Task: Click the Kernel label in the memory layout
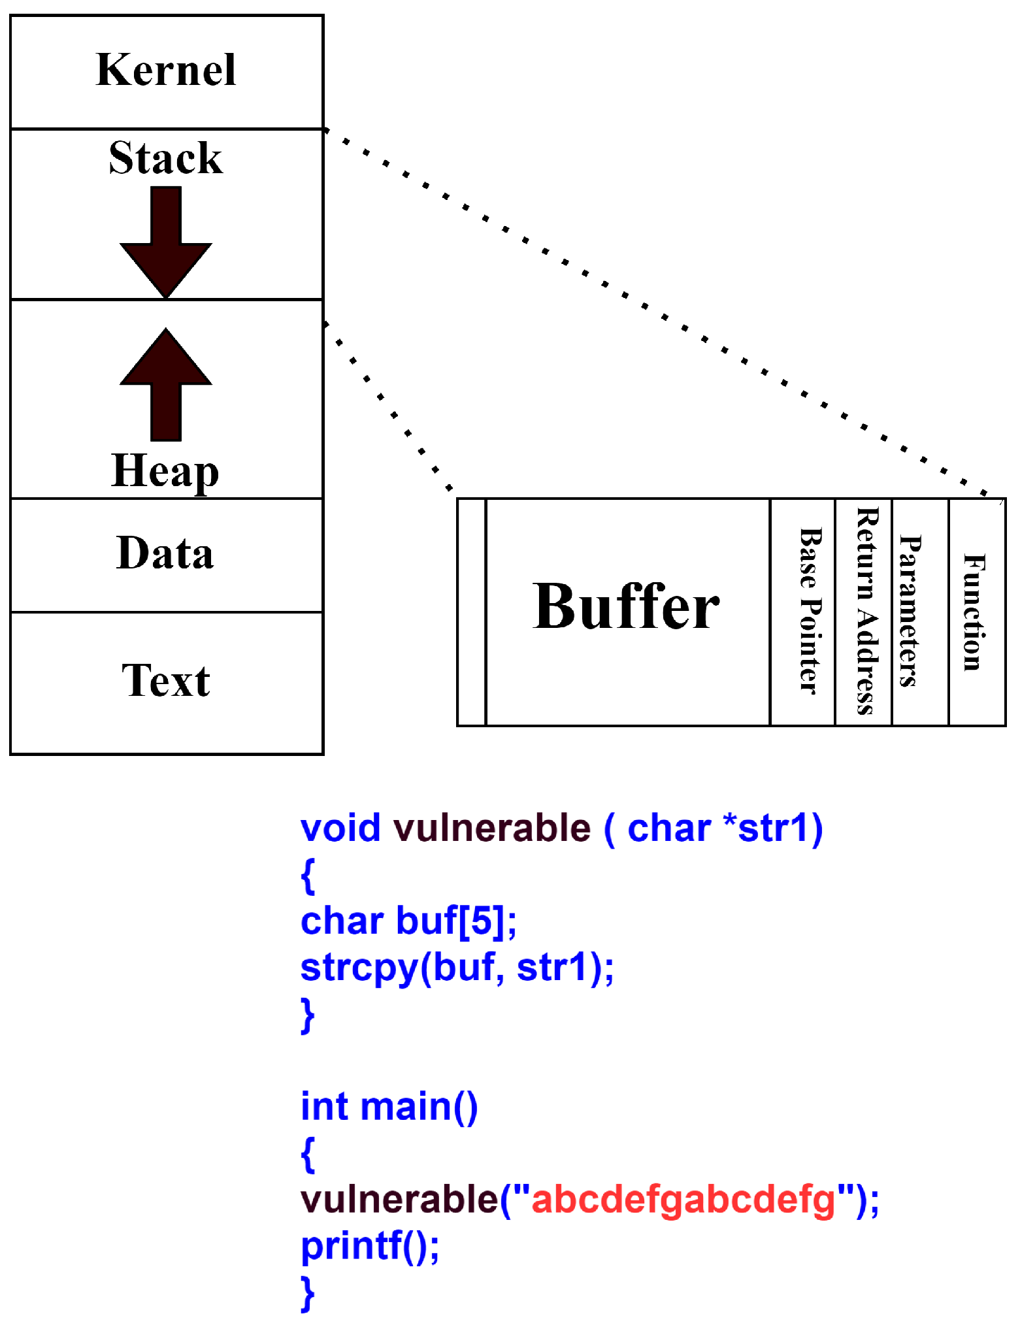166,70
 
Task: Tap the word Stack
166,158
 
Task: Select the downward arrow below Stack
166,242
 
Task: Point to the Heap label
165,470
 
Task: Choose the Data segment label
165,553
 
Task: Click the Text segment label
166,681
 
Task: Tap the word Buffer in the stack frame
626,608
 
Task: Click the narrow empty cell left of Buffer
472,612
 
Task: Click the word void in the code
340,829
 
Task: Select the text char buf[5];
408,921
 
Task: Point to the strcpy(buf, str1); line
457,968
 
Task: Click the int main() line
389,1107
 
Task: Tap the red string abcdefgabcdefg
683,1200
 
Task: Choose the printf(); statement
370,1246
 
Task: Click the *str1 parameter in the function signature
765,829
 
